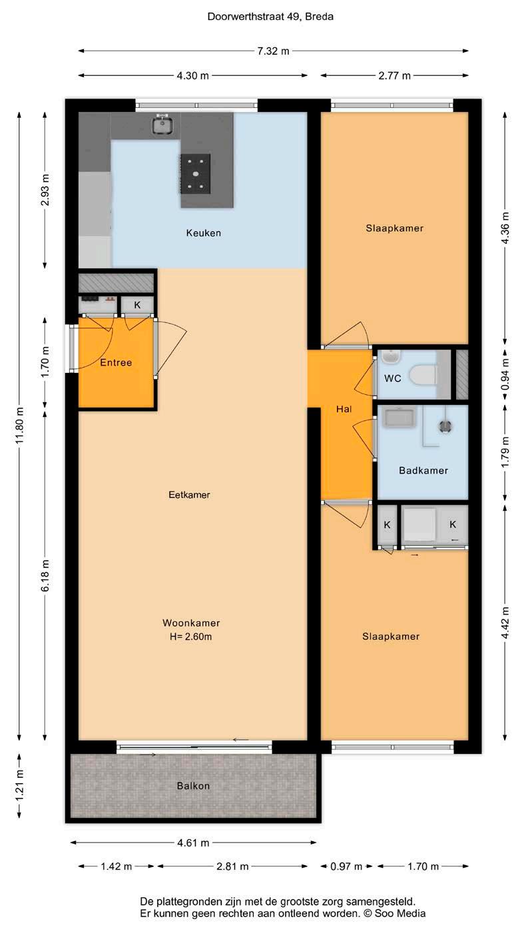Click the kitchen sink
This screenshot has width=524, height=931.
[x=162, y=124]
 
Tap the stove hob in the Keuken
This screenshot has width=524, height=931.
[x=195, y=174]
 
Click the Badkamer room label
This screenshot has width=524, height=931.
[x=423, y=470]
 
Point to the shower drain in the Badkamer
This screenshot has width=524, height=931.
[x=445, y=427]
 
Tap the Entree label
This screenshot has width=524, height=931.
[x=116, y=362]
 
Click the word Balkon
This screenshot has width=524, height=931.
[x=193, y=786]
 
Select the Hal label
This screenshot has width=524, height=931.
[x=344, y=409]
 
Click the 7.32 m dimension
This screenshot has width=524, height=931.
[x=273, y=51]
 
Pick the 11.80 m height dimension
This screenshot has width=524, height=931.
[x=19, y=426]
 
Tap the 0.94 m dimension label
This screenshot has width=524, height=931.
[x=505, y=375]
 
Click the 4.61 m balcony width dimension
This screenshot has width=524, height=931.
[x=193, y=843]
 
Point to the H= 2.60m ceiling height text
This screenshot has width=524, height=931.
[x=190, y=637]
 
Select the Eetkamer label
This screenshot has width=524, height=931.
[x=190, y=495]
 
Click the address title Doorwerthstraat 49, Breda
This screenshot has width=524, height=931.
[x=270, y=17]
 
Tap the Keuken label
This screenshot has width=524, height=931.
[x=204, y=233]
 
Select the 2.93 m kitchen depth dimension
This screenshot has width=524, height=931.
[x=45, y=190]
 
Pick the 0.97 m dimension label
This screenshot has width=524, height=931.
[x=346, y=866]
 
